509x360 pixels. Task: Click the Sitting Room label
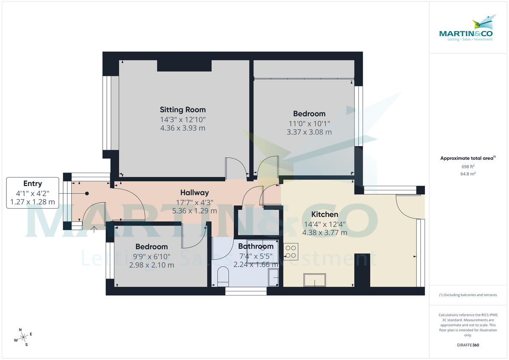[182, 110]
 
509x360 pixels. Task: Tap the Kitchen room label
[324, 214]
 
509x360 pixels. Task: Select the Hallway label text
[194, 193]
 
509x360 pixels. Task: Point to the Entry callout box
[33, 193]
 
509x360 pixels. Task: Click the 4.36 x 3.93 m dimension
[182, 128]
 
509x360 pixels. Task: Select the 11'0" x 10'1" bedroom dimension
[309, 123]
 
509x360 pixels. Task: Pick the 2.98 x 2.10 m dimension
[151, 265]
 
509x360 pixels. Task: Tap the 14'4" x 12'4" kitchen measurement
[324, 224]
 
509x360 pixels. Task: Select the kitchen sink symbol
[315, 280]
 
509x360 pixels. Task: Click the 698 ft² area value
[468, 167]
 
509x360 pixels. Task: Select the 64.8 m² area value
[468, 174]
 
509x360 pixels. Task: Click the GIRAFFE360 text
[468, 345]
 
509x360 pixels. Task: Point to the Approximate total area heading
[467, 158]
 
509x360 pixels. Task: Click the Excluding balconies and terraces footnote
[468, 295]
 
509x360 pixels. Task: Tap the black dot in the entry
[87, 193]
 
